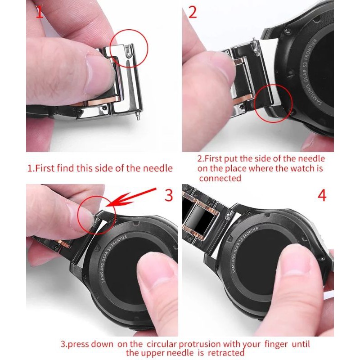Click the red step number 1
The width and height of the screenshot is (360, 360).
click(x=40, y=12)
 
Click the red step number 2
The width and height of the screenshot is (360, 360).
click(x=193, y=12)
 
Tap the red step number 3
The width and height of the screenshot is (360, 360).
click(x=169, y=195)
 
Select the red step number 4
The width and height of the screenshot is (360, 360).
click(x=322, y=195)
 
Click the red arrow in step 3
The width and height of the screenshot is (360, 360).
click(x=131, y=197)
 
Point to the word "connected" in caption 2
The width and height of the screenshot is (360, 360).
click(x=220, y=178)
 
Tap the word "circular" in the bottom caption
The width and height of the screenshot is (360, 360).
click(x=162, y=344)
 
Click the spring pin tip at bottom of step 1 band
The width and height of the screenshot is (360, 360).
click(x=138, y=116)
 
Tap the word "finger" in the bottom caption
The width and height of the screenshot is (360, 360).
click(x=276, y=344)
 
